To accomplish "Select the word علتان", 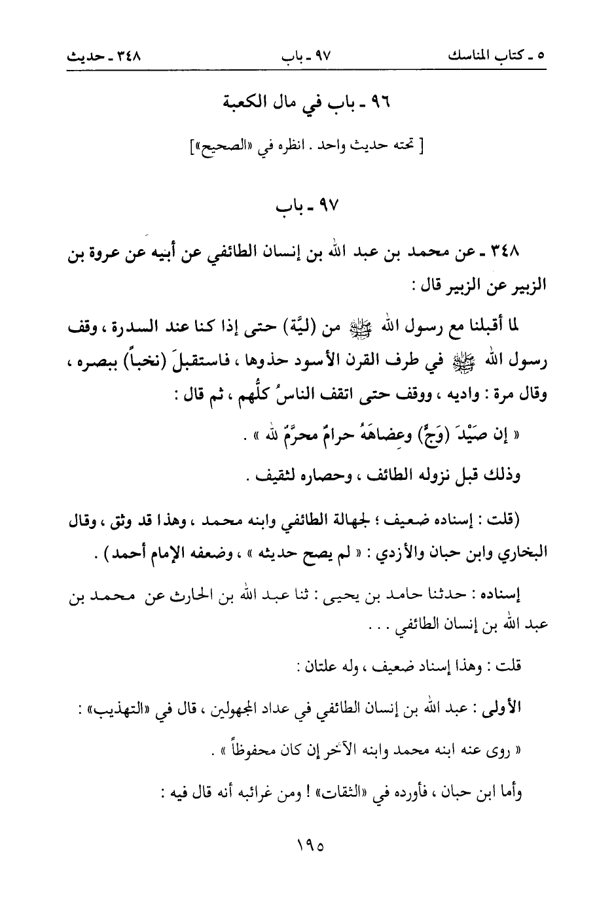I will coord(315,669).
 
